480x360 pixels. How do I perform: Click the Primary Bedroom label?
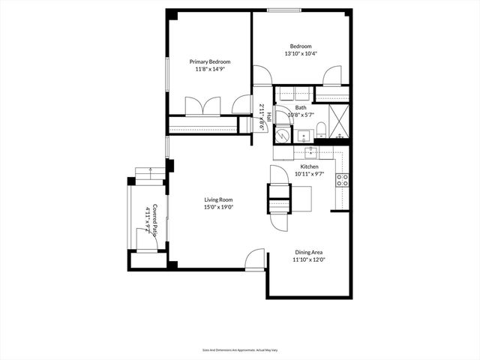[209, 61]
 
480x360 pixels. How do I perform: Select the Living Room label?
[219, 199]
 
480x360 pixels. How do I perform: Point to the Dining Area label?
[308, 252]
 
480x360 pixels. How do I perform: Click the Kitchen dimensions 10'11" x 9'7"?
[309, 173]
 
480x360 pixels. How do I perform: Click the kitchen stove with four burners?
[341, 179]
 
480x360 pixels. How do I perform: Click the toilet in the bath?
[320, 130]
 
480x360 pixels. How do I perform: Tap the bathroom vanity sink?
[303, 136]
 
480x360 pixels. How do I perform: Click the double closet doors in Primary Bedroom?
[202, 106]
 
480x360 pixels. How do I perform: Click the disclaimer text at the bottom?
[239, 349]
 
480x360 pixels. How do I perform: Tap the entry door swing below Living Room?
[256, 259]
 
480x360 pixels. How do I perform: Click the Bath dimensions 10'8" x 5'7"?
[301, 115]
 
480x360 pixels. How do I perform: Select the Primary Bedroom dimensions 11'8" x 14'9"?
[209, 69]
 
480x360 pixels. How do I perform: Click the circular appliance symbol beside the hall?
[281, 135]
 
